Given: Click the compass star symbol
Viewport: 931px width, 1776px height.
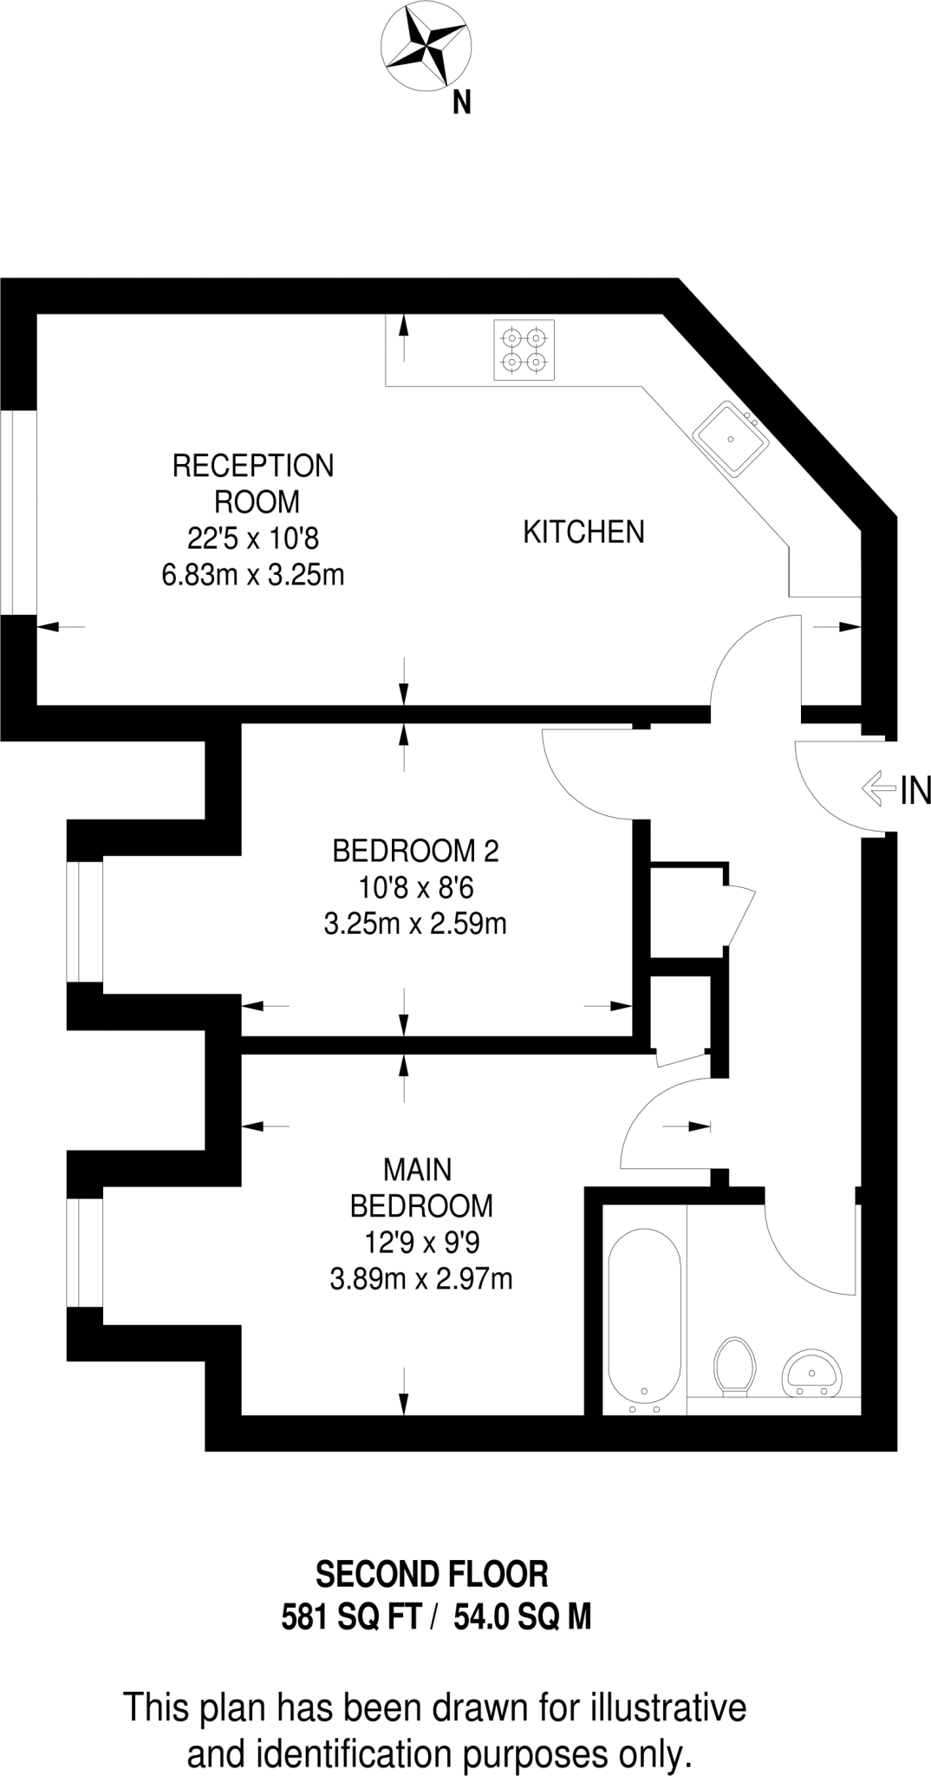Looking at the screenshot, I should click(426, 46).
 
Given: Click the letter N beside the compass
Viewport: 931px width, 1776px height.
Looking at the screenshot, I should click(462, 104).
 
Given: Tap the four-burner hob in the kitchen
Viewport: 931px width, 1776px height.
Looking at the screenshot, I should click(524, 349).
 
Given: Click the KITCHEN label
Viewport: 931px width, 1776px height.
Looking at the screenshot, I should click(583, 532).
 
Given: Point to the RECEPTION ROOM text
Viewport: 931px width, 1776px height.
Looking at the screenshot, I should click(254, 483).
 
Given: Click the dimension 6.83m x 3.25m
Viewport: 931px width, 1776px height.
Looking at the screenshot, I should click(253, 575).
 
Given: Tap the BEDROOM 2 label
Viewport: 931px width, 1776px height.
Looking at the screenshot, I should click(415, 851).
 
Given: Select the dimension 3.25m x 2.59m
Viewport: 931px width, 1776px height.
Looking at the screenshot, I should click(415, 924).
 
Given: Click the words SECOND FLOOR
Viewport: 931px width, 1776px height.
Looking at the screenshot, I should click(432, 1574).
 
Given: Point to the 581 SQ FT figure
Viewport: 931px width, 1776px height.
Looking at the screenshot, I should click(351, 1616).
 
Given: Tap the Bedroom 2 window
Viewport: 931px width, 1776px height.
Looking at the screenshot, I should click(85, 921).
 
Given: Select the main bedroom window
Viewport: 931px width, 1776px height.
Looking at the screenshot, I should click(85, 1251).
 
